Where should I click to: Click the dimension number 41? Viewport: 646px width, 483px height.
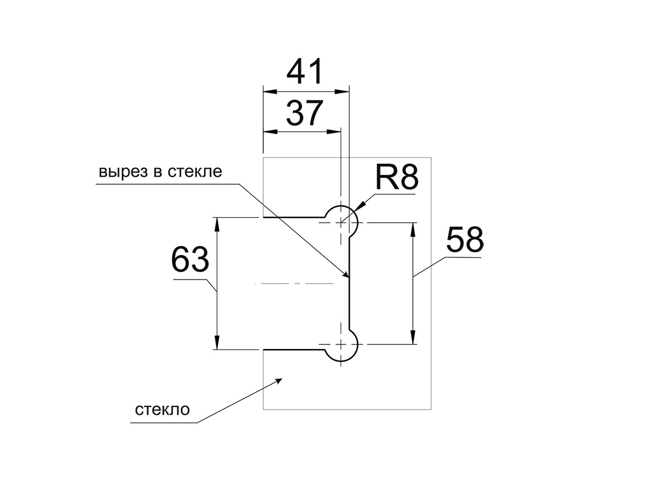coord(305,72)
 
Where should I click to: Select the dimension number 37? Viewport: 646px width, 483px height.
coord(304,114)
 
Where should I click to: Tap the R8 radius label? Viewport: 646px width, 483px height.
coord(396,177)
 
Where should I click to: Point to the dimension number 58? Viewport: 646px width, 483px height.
coord(465,240)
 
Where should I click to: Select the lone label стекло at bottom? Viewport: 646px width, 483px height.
coord(163,410)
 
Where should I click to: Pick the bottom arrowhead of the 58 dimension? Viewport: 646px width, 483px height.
coord(413,338)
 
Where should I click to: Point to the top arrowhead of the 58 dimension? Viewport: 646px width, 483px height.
coord(413,229)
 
